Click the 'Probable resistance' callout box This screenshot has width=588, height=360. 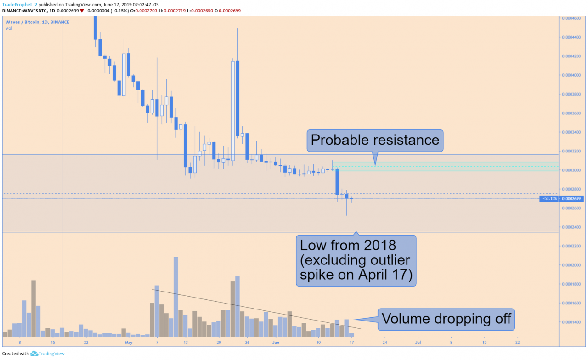coord(375,140)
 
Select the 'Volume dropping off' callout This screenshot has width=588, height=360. coord(446,319)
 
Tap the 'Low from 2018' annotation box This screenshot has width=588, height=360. coord(356,261)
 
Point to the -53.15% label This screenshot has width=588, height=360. coord(549,199)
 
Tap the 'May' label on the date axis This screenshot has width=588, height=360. coord(129,343)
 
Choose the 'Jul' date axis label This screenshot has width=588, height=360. coord(418,343)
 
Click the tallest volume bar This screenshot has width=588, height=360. coord(175,296)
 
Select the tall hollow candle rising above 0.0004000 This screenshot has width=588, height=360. coord(233,110)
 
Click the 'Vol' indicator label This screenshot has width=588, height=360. coord(9,28)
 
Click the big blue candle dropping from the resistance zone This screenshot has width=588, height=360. coord(337,182)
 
